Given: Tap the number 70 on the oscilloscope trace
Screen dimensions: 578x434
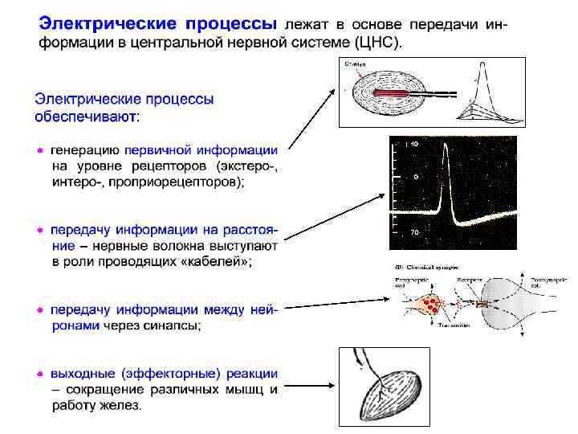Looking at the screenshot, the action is [416, 232].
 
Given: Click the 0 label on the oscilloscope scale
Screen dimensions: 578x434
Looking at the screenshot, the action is [416, 176].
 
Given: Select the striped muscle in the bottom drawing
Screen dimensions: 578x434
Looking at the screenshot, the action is [390, 393].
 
